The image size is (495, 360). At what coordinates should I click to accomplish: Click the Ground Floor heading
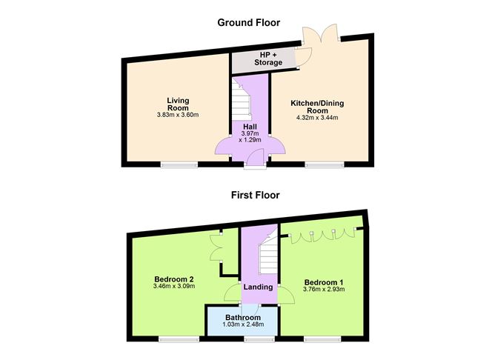click(248, 21)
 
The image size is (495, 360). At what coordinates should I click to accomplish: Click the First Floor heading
click(248, 196)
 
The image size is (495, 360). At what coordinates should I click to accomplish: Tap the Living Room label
click(178, 104)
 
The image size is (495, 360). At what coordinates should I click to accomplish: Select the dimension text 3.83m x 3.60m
click(178, 115)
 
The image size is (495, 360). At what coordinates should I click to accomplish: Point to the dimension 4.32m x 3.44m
click(317, 117)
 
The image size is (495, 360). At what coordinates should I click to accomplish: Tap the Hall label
click(247, 126)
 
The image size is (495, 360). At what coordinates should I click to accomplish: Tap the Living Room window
click(179, 164)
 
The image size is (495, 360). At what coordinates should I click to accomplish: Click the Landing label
click(258, 287)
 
